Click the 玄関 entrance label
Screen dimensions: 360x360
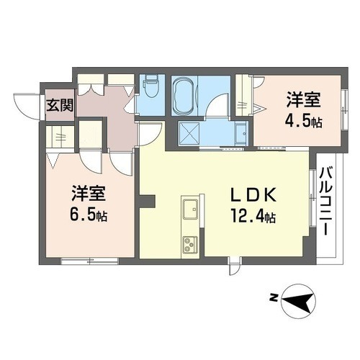60,104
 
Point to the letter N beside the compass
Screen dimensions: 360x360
273,297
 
